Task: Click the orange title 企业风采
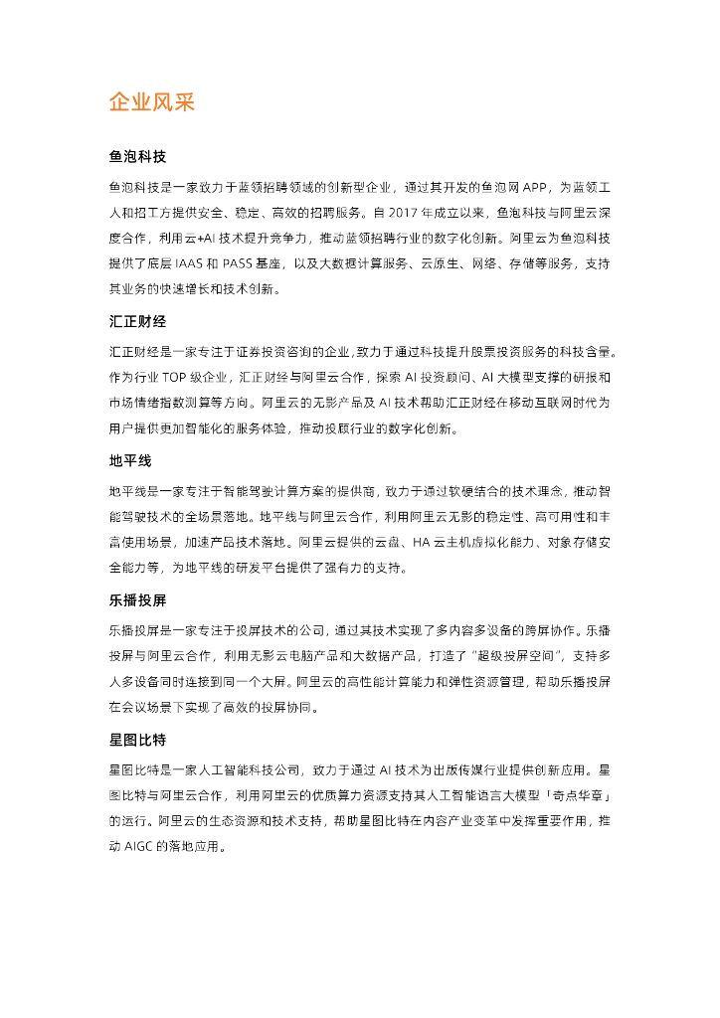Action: pyautogui.click(x=151, y=102)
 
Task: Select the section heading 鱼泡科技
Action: pyautogui.click(x=137, y=158)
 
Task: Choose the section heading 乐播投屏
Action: pyautogui.click(x=137, y=601)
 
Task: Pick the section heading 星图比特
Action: pyautogui.click(x=137, y=741)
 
